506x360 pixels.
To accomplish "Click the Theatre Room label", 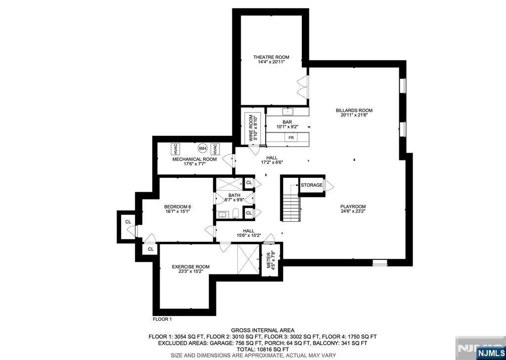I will coord(271,57).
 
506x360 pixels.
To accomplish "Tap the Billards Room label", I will coord(354,111).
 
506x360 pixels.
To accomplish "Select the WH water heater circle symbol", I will coord(203,148).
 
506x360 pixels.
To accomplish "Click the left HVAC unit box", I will coord(175,149).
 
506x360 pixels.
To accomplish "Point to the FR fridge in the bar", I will coord(292,138).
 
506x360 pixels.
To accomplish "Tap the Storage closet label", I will coord(311,185).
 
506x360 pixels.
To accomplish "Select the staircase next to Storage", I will coord(291,202).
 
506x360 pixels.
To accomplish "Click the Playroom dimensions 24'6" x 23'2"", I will coord(353,212).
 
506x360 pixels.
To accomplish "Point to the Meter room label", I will coord(270,259).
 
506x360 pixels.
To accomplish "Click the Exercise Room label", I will coord(191,267).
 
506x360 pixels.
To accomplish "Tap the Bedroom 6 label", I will coord(177,206).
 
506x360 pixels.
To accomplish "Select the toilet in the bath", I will coord(236,214).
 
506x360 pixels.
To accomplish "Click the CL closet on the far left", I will coord(128,222).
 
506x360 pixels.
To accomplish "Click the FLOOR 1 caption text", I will coord(162,319).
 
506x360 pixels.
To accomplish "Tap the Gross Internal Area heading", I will coord(262,330).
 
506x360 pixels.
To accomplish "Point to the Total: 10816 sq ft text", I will coord(262,349).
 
